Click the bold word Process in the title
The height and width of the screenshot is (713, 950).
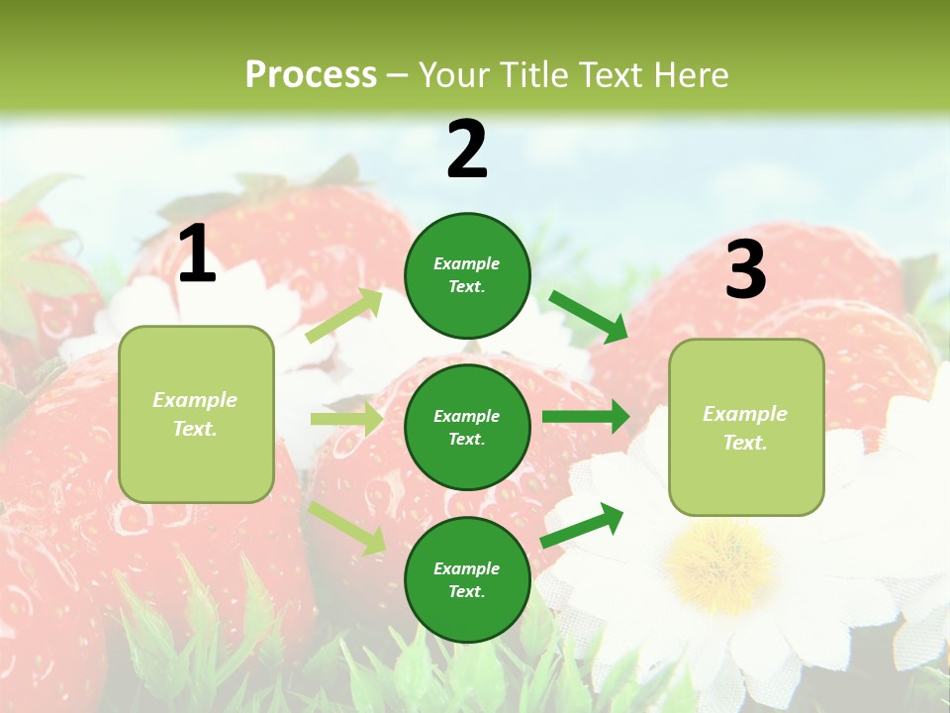(311, 75)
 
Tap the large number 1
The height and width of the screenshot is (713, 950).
(197, 254)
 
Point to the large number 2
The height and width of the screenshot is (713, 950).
(467, 150)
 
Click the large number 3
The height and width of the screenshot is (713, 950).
(745, 270)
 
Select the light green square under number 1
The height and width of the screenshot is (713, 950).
(196, 414)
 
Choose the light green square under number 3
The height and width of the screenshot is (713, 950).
(746, 428)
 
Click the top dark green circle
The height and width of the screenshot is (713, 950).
(467, 275)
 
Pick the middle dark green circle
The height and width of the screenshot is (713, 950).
(467, 427)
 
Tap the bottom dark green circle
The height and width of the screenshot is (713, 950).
(467, 579)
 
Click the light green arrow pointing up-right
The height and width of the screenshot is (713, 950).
(344, 315)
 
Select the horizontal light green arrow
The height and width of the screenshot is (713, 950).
(346, 419)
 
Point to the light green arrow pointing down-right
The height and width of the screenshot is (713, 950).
(347, 528)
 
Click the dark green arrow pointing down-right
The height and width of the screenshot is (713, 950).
(588, 316)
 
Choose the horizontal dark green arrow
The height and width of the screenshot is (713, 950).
(585, 416)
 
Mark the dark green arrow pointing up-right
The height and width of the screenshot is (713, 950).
(582, 525)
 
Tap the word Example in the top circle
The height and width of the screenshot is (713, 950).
(467, 264)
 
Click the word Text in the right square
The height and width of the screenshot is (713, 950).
(745, 443)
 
